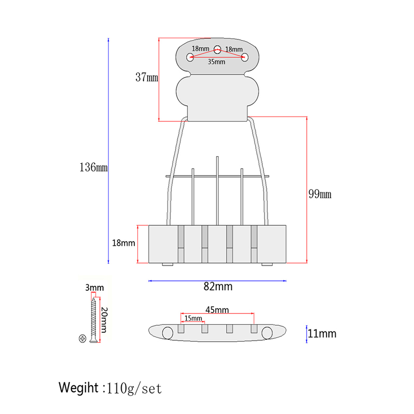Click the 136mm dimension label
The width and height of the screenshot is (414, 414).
pos(93,167)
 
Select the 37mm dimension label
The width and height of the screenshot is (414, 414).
pos(147,77)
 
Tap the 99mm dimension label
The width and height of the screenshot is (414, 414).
pos(320,194)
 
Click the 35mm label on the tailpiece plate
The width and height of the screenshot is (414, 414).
pos(216,62)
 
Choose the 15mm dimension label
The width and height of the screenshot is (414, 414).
pos(193,318)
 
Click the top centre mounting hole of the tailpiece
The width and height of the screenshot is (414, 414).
pos(217,48)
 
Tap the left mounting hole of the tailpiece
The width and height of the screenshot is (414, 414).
pos(190,57)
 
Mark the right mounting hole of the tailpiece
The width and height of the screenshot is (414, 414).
pos(245,57)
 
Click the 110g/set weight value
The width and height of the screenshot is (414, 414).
pos(134,388)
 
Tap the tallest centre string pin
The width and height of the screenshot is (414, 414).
pos(217,190)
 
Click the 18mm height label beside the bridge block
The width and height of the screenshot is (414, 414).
pos(124,243)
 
